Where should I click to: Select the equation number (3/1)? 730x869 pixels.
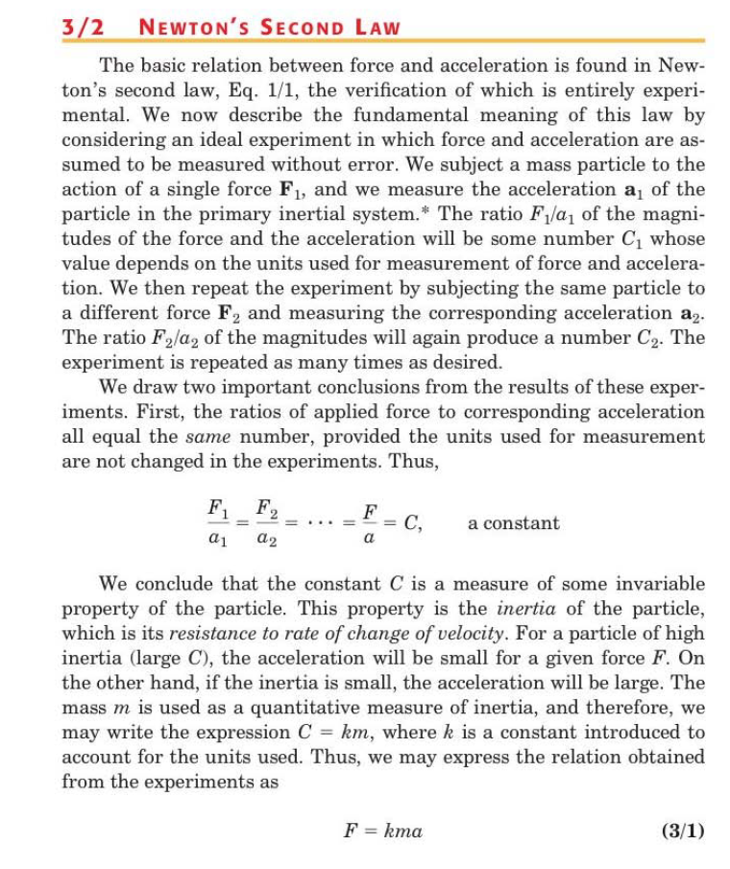pyautogui.click(x=683, y=831)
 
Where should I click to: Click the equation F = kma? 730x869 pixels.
pyautogui.click(x=382, y=831)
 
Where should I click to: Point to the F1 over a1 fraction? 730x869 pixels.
pyautogui.click(x=217, y=522)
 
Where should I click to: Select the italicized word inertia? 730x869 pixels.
pyautogui.click(x=522, y=609)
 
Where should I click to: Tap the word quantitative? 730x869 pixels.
pyautogui.click(x=303, y=708)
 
